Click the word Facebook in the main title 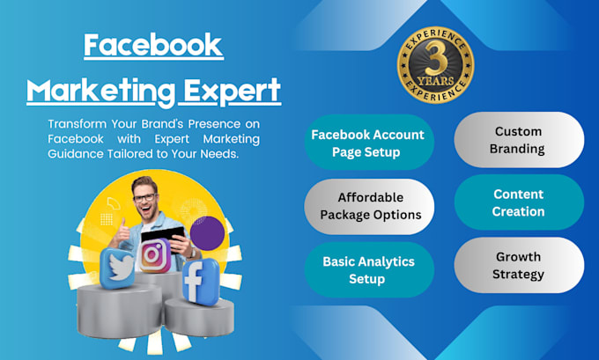pyautogui.click(x=153, y=47)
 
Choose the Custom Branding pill pyautogui.click(x=519, y=140)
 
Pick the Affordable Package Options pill pyautogui.click(x=370, y=205)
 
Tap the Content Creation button pyautogui.click(x=519, y=202)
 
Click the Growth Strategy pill pyautogui.click(x=519, y=266)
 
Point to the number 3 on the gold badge pyautogui.click(x=435, y=60)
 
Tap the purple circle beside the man pyautogui.click(x=209, y=234)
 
